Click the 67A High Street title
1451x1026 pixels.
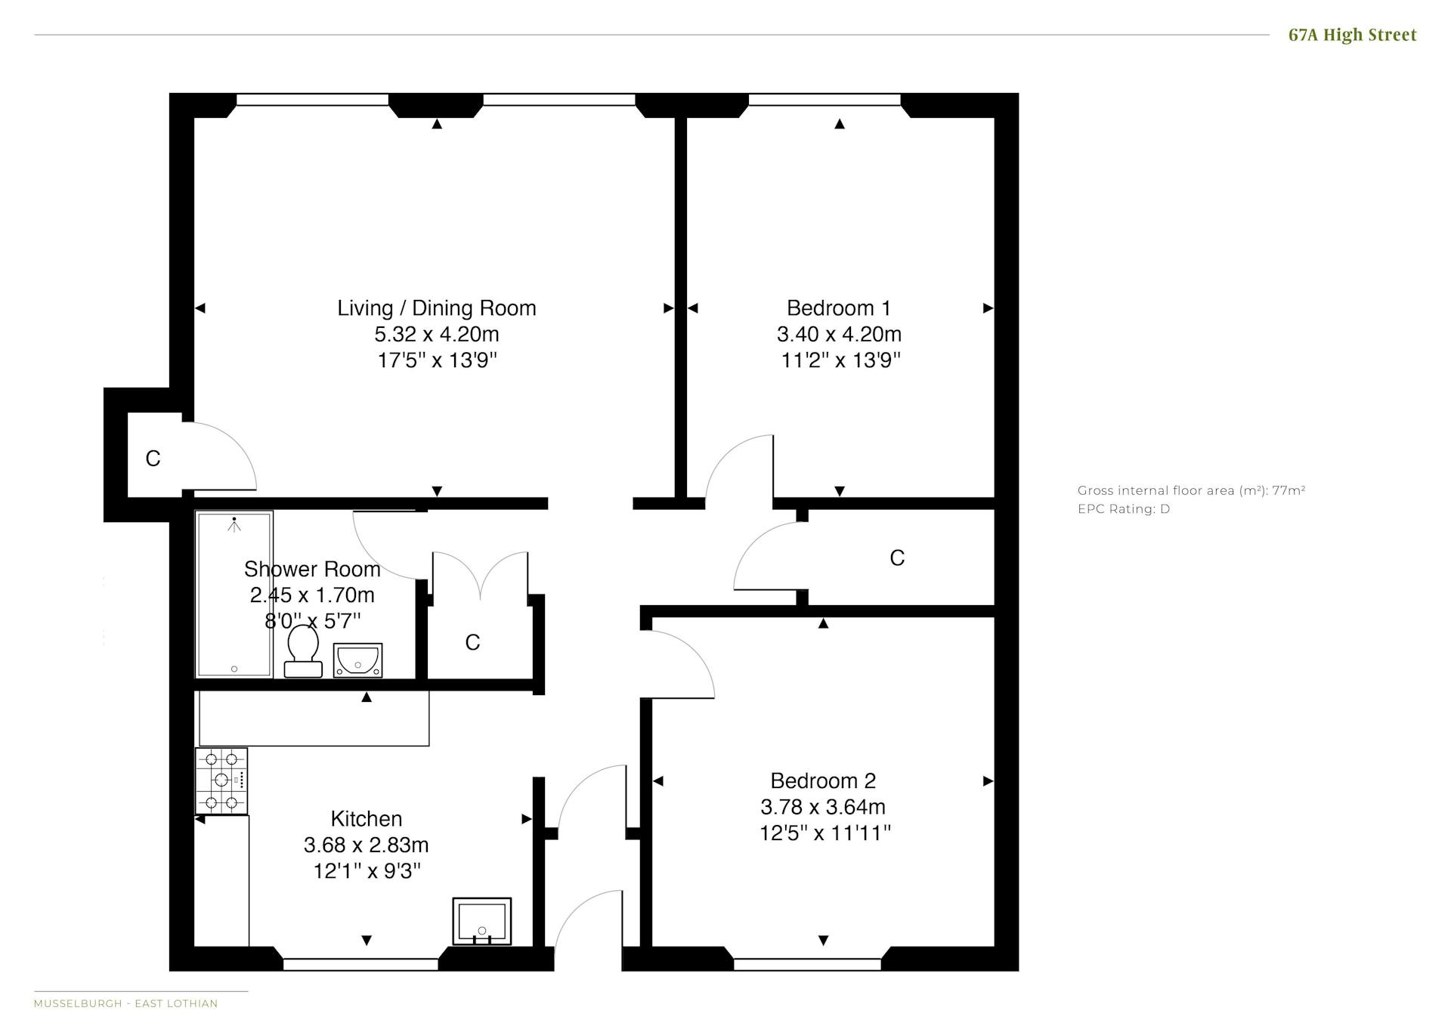1352,35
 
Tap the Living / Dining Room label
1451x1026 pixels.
437,308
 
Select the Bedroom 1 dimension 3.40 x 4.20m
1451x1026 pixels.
839,334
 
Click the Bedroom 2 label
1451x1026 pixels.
823,780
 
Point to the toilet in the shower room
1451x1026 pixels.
303,651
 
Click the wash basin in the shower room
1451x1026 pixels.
357,660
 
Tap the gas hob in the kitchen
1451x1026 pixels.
221,780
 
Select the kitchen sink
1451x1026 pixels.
482,921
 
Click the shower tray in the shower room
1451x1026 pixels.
234,595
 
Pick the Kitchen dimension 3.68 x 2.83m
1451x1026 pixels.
367,845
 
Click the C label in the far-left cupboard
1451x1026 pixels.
153,459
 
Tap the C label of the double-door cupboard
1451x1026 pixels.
472,642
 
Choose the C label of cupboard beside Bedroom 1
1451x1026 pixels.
897,558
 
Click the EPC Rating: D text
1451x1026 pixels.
1124,509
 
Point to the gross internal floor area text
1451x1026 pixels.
1192,490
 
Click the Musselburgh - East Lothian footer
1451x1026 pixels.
125,1004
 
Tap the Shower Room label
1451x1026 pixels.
312,569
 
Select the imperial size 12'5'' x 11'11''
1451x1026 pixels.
825,833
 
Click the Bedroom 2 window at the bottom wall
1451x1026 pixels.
807,965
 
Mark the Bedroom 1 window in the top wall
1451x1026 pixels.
825,100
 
